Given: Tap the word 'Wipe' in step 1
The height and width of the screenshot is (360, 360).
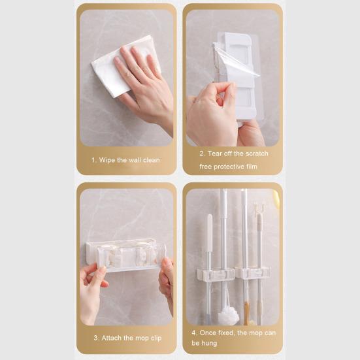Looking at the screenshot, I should [108, 160].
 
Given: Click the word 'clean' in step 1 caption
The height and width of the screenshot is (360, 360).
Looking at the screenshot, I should [150, 160].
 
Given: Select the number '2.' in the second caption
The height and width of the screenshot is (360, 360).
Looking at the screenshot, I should [203, 154].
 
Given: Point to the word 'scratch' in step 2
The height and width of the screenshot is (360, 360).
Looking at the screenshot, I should [256, 154].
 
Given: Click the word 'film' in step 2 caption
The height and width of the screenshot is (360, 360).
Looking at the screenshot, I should [251, 167].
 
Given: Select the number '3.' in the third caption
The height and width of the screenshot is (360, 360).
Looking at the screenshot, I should [95, 338].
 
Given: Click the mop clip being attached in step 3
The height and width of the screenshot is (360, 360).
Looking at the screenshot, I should [126, 254].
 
